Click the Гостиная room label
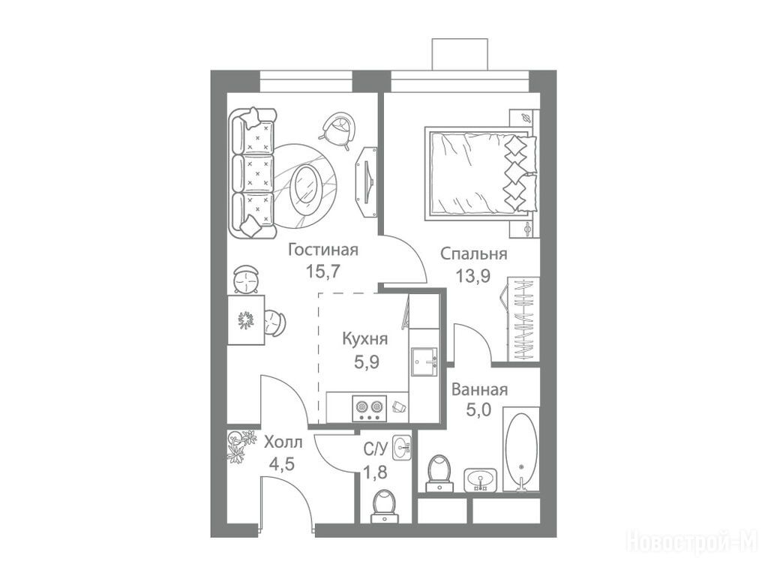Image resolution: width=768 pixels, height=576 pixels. click(x=323, y=250)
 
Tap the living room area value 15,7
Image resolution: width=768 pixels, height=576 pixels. click(x=322, y=271)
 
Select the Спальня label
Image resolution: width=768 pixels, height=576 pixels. click(x=474, y=254)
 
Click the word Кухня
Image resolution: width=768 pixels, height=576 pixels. click(x=365, y=339)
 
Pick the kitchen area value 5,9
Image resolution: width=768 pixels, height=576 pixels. click(x=367, y=362)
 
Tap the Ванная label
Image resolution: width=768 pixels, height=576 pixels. click(x=479, y=390)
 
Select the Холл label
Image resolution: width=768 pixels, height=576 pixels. click(x=283, y=442)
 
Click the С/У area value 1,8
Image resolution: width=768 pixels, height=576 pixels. click(x=375, y=473)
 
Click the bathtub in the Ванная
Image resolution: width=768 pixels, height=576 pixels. click(x=522, y=448)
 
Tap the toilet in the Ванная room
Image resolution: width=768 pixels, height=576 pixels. click(x=439, y=473)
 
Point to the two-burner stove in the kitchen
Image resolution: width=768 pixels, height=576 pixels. click(x=369, y=409)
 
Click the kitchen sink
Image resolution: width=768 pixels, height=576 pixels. click(x=424, y=362)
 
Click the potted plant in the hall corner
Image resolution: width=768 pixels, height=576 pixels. click(x=241, y=445)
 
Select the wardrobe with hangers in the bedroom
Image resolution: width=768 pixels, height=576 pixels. click(x=523, y=319)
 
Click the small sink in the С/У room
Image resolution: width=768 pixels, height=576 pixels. click(x=403, y=447)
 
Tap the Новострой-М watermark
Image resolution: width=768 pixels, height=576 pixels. click(x=692, y=541)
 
